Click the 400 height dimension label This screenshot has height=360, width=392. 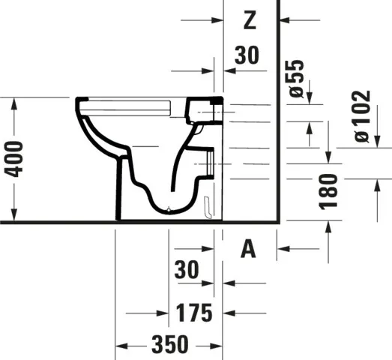(13, 159)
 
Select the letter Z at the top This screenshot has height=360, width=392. (250, 20)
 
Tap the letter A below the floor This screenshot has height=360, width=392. (248, 249)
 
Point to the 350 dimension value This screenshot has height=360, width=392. (170, 344)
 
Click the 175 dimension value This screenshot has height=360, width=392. (194, 313)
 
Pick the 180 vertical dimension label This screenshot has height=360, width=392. (328, 191)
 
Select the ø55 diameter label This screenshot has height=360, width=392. (297, 79)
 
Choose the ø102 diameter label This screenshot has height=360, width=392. (361, 116)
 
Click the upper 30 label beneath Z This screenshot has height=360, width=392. (247, 55)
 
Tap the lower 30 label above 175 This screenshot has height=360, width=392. (187, 269)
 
